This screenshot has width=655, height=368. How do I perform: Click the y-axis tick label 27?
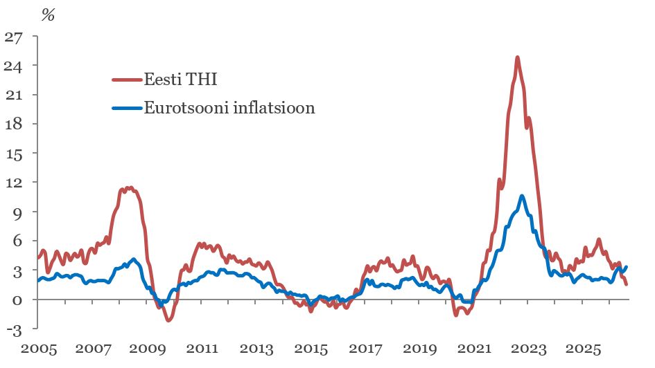(13, 37)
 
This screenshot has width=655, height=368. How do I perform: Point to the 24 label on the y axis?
(13, 66)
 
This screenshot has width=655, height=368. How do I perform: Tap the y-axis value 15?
(13, 154)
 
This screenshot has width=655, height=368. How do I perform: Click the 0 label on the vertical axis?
(17, 300)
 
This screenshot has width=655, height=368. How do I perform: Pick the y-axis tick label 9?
(17, 212)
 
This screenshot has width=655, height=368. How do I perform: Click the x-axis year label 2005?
(39, 349)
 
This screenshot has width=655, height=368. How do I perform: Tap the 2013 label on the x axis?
(256, 349)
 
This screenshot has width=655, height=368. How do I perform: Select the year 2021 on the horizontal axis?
(474, 349)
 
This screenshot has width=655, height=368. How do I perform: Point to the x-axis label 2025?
(583, 349)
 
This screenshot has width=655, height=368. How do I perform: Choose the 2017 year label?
(365, 349)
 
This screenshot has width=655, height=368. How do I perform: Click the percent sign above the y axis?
(48, 15)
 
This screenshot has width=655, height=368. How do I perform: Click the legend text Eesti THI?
(180, 79)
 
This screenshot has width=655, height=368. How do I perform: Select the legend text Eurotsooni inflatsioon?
(229, 108)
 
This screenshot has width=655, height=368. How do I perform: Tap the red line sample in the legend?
(127, 79)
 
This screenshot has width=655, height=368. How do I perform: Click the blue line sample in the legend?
(127, 108)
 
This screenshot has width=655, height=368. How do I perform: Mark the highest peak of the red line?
(518, 57)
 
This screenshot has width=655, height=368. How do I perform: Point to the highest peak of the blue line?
(522, 196)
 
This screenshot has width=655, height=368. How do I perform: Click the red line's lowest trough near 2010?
(168, 320)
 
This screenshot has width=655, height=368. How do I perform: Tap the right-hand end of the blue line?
(627, 267)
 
